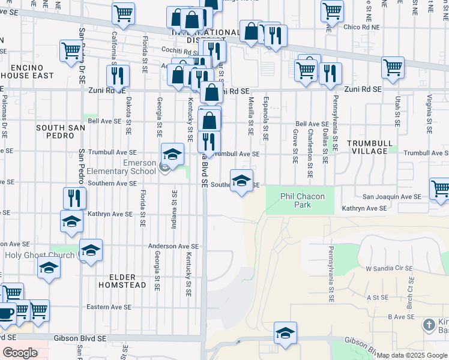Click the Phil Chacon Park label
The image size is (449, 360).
303,200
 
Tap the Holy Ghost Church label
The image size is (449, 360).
40,255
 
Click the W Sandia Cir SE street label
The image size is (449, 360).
388,268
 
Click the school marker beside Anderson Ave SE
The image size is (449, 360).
91,250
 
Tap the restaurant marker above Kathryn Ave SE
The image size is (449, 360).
75,198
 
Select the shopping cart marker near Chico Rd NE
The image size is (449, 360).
331,10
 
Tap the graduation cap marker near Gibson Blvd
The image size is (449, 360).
285,332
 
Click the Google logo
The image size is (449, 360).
20,352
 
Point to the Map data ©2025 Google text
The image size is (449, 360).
412,355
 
